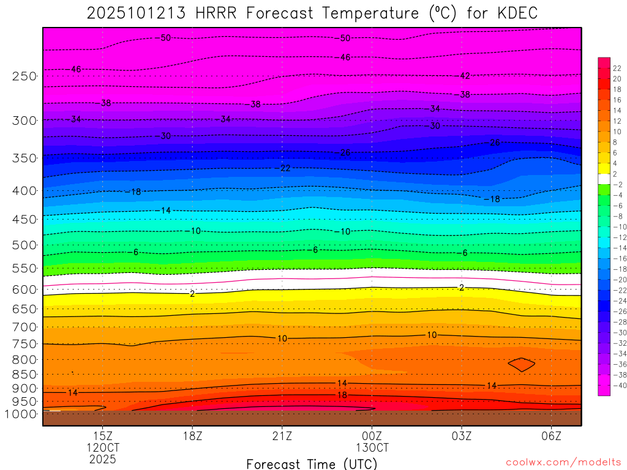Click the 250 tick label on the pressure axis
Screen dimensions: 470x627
(24, 76)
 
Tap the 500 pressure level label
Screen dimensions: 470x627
(24, 245)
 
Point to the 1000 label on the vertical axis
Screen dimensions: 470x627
(21, 414)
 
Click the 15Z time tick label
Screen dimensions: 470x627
(102, 436)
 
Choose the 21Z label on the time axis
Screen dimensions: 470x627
(282, 436)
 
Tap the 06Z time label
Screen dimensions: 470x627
(552, 436)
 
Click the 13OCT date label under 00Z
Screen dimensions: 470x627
(372, 447)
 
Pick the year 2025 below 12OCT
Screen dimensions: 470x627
(102, 459)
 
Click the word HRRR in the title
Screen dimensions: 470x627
(216, 13)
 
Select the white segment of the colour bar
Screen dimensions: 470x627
(604, 174)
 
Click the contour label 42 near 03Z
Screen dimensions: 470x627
(465, 76)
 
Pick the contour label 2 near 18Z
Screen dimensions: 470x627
(192, 294)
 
